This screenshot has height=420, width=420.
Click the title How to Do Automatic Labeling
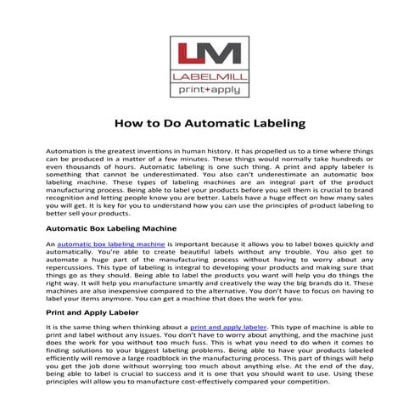point(210,124)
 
